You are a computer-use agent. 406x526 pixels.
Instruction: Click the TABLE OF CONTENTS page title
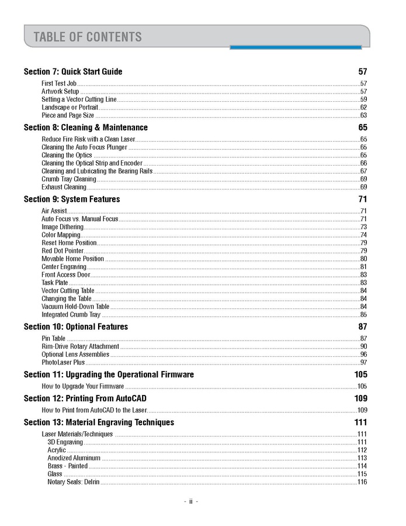pos(88,37)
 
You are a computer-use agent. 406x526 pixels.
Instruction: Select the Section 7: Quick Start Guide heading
pos(73,71)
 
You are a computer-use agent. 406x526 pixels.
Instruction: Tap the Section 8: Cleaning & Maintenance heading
pos(85,127)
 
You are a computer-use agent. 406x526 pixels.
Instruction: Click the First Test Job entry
pos(59,84)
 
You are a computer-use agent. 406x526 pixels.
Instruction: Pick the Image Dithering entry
pos(63,226)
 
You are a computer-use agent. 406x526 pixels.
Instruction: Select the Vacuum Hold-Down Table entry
pos(75,306)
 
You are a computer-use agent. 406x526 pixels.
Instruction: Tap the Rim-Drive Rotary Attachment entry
pos(80,346)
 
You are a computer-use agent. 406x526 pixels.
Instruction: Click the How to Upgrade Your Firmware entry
pos(82,386)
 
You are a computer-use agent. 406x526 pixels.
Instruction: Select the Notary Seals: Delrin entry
pos(74,482)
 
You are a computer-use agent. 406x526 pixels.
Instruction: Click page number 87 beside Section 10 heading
pos(363,326)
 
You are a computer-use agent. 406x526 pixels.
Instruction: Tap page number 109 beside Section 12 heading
pos(360,398)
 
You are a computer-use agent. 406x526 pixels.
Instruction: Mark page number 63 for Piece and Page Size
pos(363,115)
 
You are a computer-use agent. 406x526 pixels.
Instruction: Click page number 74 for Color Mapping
pos(363,235)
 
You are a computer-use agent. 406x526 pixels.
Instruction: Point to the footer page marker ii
pos(190,501)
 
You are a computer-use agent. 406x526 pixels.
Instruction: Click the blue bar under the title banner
pos(295,47)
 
